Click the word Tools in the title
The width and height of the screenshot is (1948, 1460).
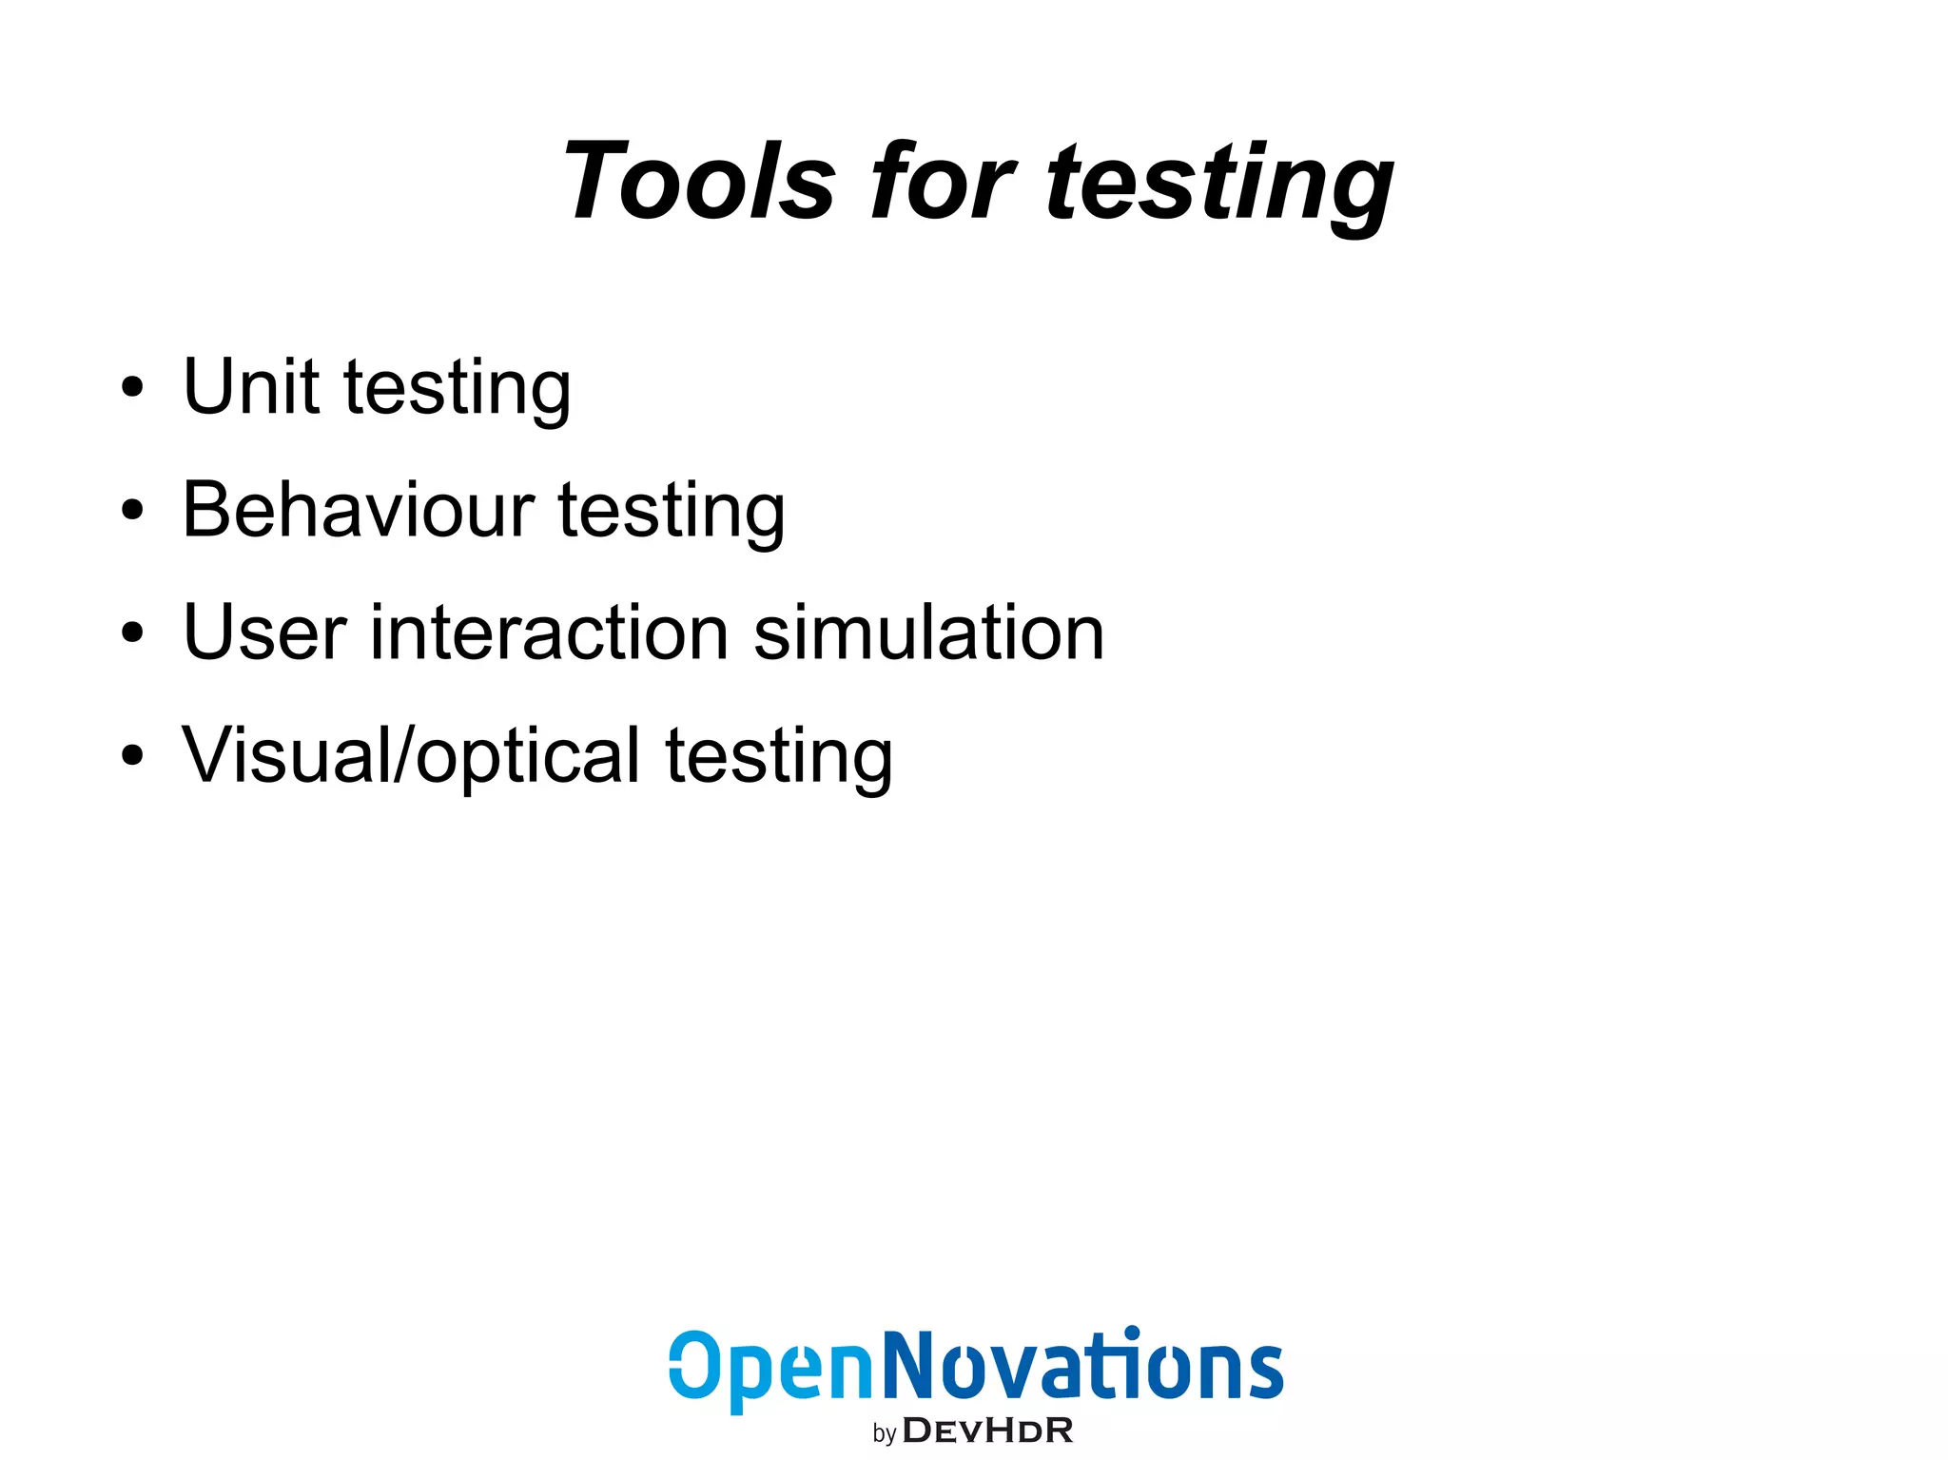700,181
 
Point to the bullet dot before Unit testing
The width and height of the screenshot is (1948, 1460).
133,388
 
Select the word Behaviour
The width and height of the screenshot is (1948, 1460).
359,510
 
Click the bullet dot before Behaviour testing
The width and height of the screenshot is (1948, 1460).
133,511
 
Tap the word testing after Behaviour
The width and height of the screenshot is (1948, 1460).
672,514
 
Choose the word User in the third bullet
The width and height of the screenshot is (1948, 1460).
264,633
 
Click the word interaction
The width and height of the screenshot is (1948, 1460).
550,633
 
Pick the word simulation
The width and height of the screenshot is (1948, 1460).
928,633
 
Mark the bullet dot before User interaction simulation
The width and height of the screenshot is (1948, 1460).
133,633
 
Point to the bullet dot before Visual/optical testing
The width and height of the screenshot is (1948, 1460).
133,756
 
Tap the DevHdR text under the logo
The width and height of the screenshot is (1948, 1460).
987,1431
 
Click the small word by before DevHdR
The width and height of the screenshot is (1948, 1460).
884,1433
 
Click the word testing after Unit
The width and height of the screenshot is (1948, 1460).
457,390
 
